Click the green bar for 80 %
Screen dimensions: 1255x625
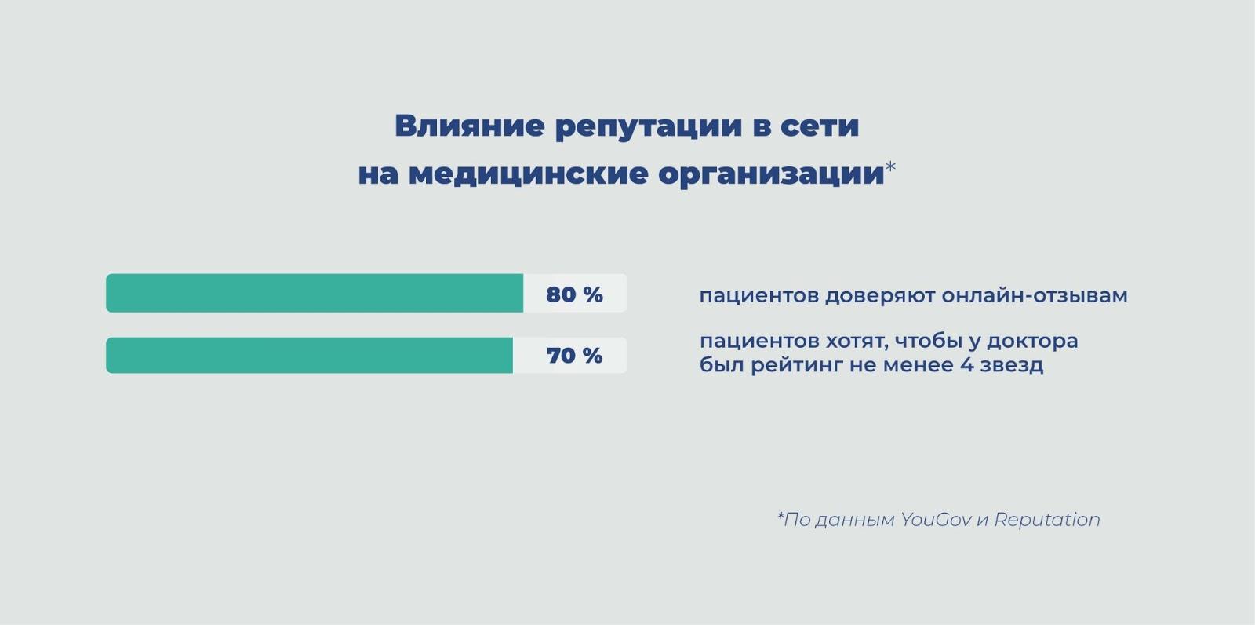click(315, 293)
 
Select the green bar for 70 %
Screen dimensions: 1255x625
click(309, 355)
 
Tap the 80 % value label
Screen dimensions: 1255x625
click(574, 294)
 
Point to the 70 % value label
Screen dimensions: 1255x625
click(574, 355)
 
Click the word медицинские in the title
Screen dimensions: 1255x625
click(528, 174)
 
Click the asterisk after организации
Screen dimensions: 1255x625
click(890, 167)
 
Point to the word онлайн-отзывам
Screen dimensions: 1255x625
click(1035, 295)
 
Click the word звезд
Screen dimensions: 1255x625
click(1012, 366)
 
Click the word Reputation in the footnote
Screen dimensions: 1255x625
click(1047, 521)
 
